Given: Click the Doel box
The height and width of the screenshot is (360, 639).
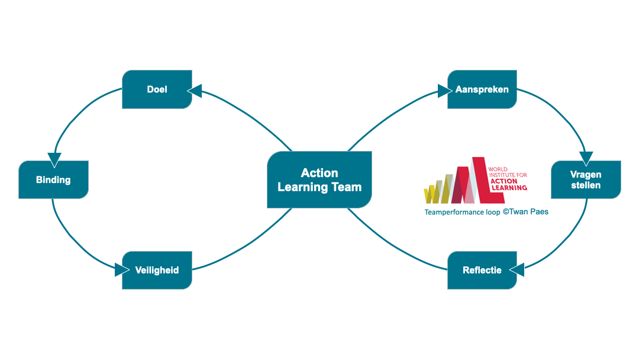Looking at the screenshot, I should [157, 89].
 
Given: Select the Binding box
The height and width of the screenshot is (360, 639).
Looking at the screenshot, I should [53, 179].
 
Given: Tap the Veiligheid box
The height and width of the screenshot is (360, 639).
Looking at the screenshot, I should [157, 270].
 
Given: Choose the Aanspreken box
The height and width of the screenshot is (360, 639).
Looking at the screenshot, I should [482, 89].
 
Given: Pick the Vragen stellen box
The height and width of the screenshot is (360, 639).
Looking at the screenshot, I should [586, 179].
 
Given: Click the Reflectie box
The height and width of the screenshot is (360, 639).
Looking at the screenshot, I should [482, 270].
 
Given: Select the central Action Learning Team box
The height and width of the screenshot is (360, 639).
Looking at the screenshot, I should [319, 179].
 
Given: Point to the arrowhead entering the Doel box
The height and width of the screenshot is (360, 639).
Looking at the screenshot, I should [194, 91].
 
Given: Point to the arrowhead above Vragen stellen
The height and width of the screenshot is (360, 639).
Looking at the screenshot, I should [586, 158].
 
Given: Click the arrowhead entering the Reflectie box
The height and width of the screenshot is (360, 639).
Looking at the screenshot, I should [517, 270].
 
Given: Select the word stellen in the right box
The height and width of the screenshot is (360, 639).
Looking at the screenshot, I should [586, 185].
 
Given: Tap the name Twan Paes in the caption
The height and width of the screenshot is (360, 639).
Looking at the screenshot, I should [530, 211].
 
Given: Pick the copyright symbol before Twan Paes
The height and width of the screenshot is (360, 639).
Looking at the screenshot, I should [506, 211].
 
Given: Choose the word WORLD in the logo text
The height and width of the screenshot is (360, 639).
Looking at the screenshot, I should [498, 169].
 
